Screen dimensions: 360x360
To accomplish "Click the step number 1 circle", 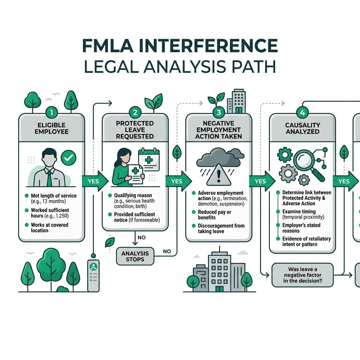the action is coord(51,112).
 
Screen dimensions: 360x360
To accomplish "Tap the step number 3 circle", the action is coord(219,112).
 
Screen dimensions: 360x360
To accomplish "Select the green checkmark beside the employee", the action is coord(69,157).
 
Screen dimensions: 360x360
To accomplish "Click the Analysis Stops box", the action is coord(135,256).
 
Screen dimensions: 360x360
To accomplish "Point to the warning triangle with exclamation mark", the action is coord(219,175).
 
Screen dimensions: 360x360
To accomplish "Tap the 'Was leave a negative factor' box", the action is coord(303,275).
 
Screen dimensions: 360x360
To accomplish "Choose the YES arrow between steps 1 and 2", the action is coord(95,181).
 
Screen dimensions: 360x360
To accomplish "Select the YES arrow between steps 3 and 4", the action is coord(262,181).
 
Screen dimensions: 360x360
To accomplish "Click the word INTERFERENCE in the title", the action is coord(208,46).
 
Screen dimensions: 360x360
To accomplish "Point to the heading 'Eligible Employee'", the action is coord(51,128).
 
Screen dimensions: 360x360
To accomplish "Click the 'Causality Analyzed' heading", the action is coord(303,128).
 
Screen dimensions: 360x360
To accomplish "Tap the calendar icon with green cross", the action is coord(149,160).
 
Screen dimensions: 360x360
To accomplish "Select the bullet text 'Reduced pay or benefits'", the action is coord(214,215).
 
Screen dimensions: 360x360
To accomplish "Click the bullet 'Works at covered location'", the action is coord(49,227).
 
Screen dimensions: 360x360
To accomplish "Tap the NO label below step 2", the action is coord(142,237).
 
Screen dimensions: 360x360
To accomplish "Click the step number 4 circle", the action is coord(302,112).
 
